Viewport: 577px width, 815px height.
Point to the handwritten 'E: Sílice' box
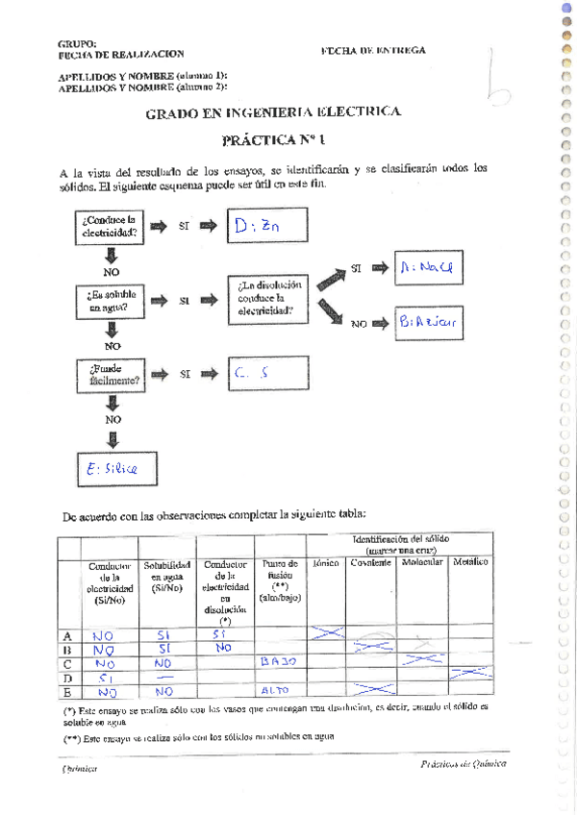pos(113,468)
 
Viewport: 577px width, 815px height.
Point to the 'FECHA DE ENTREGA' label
pos(373,50)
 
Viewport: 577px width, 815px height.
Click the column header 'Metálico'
pos(470,562)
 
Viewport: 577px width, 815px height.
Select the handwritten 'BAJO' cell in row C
pos(280,661)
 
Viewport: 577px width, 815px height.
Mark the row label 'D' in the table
pos(67,677)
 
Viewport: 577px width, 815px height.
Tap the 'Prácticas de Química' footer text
pos(463,764)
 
